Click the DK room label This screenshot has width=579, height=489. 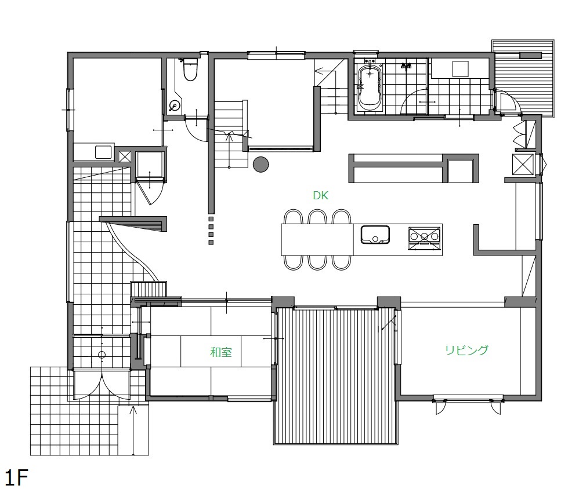[320, 195]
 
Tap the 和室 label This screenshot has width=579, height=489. [221, 352]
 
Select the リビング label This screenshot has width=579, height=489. [467, 350]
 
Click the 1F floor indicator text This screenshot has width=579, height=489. [17, 477]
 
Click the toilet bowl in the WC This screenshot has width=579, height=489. [190, 70]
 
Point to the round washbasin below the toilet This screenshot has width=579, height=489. [174, 106]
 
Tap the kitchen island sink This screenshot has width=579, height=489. [375, 235]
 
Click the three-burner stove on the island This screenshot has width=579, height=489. [424, 239]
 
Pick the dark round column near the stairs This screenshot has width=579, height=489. [260, 164]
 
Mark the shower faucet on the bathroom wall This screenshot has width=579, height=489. [407, 67]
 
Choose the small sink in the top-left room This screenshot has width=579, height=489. [103, 152]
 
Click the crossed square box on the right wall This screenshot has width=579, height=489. [523, 165]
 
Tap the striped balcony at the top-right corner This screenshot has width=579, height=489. [524, 78]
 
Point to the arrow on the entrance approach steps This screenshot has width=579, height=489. [133, 430]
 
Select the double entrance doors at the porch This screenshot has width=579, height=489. [102, 384]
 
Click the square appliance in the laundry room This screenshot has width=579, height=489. [461, 68]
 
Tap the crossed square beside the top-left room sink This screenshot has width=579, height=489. [125, 157]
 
